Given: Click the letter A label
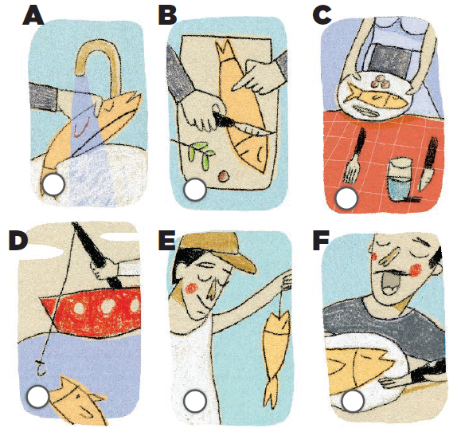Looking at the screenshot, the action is click(x=33, y=15).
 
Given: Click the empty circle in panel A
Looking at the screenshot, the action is click(x=53, y=184).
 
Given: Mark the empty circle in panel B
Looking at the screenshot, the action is click(x=195, y=190).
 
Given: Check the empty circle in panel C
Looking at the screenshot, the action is click(x=347, y=198).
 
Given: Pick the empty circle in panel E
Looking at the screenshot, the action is click(x=195, y=401).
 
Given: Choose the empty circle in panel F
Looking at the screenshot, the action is click(x=353, y=400).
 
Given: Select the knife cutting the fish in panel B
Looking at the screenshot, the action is click(x=241, y=125).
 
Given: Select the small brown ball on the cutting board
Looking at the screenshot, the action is click(x=223, y=175).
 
